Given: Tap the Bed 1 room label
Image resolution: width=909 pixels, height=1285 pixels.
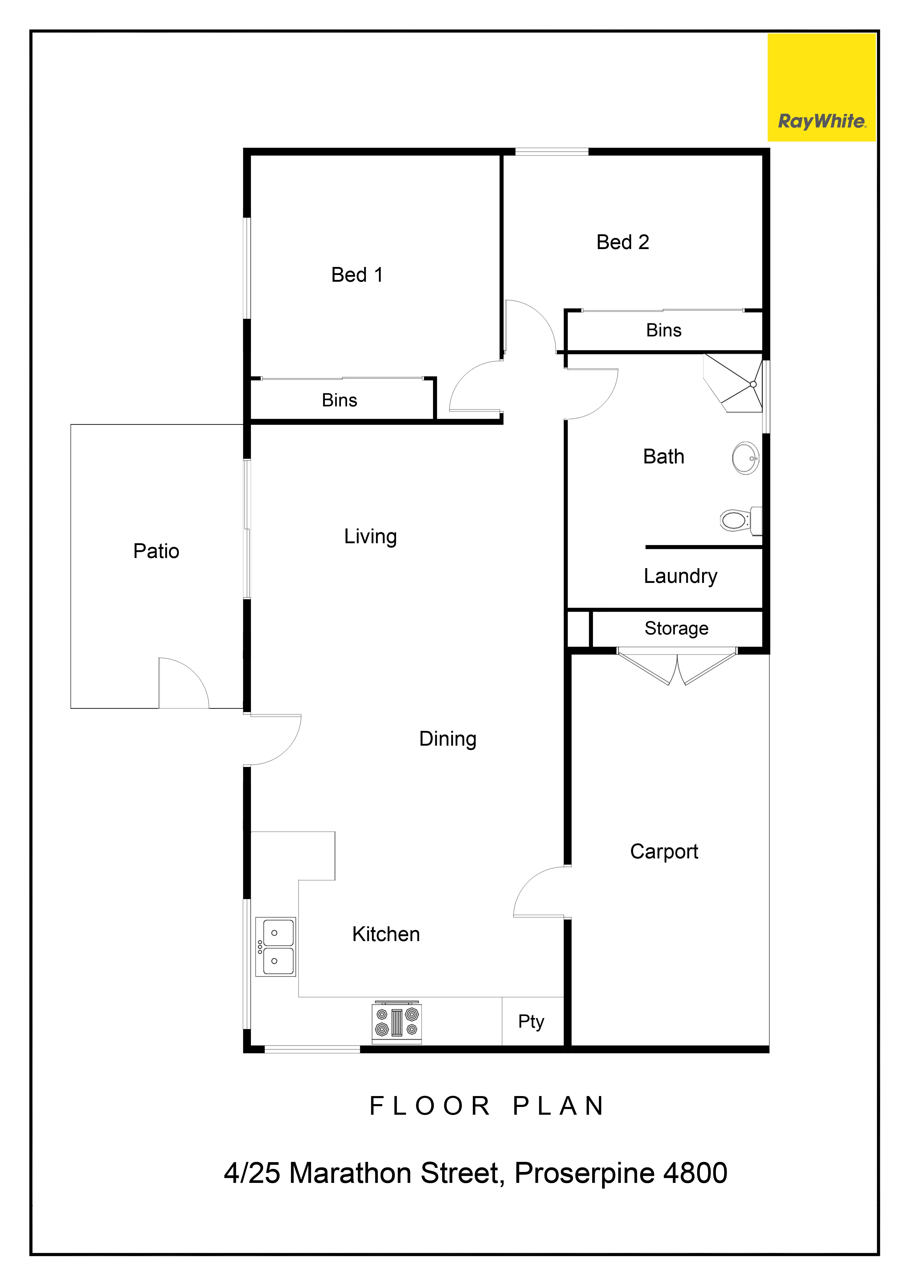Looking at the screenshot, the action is click(357, 275).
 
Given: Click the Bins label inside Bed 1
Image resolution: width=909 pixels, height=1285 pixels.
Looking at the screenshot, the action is click(339, 400).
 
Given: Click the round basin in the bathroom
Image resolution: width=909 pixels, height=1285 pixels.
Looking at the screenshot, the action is click(746, 458).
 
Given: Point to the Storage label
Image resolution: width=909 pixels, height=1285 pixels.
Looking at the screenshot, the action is click(676, 629).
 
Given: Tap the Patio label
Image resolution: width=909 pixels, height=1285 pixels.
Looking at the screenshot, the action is click(156, 551).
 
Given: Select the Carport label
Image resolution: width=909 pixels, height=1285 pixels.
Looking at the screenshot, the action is click(664, 852).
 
